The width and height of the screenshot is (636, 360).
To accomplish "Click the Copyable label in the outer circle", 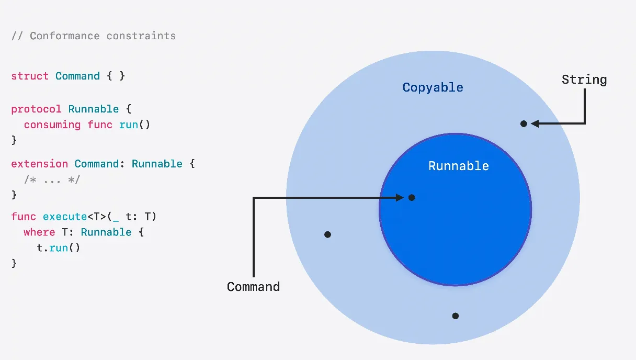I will tap(433, 87).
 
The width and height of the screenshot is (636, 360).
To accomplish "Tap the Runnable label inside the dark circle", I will tap(458, 166).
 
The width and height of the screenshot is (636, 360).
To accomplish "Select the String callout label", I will tap(584, 80).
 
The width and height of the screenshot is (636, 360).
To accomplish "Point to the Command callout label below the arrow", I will tap(253, 287).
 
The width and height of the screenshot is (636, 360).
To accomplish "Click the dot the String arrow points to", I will tap(524, 123).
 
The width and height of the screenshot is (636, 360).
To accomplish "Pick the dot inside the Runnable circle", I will tap(412, 197).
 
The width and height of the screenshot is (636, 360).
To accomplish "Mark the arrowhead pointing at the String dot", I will tap(535, 123).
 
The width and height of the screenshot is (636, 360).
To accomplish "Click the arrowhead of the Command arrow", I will tap(400, 197).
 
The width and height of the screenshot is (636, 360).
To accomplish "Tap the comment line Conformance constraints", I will tap(94, 36).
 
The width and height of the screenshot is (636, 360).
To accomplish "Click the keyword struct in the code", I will tap(30, 76).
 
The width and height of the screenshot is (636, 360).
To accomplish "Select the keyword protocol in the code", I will tap(36, 109).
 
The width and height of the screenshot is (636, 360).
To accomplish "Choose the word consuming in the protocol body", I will tap(52, 125).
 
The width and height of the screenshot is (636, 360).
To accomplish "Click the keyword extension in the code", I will tap(39, 164).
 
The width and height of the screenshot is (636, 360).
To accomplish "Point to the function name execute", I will tap(65, 216).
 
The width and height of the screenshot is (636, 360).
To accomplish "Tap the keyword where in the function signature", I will tap(39, 232).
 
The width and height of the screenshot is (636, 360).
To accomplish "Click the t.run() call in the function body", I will tap(59, 248).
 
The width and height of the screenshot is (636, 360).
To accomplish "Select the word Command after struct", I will tap(77, 76).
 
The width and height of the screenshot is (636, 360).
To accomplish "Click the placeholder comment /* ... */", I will tap(52, 179).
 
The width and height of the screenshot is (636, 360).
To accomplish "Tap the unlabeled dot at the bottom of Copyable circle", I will tap(455, 316).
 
